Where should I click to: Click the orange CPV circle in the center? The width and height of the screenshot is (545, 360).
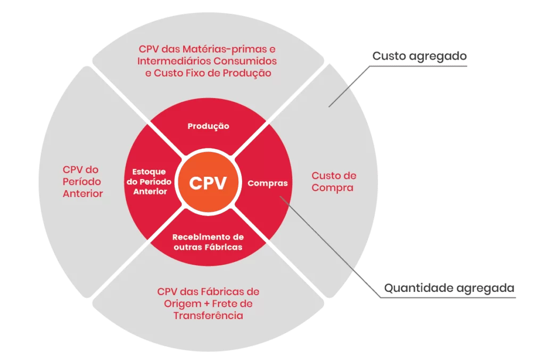coord(208,183)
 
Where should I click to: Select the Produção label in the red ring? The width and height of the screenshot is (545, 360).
coord(208,126)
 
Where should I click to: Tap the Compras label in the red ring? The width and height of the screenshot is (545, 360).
coord(267,183)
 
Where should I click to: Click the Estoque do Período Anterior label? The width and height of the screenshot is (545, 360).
coord(148,182)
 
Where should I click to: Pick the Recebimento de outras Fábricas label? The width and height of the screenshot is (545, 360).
coord(208,242)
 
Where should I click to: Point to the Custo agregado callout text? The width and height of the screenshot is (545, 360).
coord(419,55)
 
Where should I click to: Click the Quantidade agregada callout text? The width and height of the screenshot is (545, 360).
coord(449,288)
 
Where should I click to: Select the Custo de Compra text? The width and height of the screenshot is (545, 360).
coord(334,182)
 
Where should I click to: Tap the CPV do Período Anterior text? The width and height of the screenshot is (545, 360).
coord(82,182)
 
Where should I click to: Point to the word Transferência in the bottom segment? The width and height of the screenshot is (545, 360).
coord(208,316)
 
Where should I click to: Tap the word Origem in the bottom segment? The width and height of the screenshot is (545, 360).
coord(180,304)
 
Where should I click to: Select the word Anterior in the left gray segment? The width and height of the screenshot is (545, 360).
coord(82,194)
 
